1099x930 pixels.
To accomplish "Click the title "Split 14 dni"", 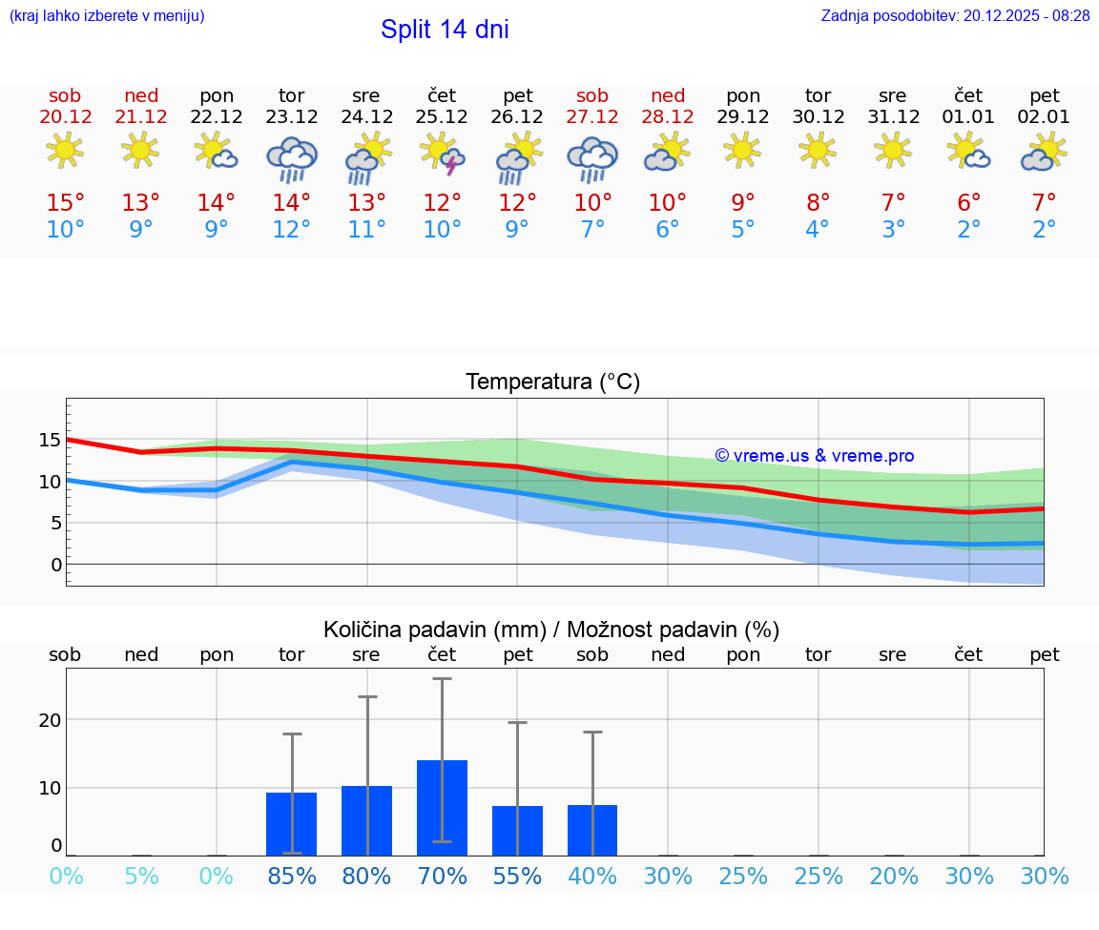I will tap(445, 30).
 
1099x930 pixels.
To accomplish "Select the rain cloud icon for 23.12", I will tap(291, 158).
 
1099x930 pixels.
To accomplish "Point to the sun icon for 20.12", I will tap(65, 151).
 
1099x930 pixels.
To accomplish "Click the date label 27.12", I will tap(592, 117).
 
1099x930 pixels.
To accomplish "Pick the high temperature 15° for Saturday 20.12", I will tap(65, 203).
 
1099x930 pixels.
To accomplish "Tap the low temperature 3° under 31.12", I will tap(893, 230).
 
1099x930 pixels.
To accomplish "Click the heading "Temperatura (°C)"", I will tap(552, 382).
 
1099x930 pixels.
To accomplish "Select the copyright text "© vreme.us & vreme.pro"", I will tap(814, 456).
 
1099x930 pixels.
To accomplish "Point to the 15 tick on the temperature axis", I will tap(50, 440).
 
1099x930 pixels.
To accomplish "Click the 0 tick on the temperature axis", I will tap(56, 565).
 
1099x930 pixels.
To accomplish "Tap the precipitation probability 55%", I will tap(517, 877).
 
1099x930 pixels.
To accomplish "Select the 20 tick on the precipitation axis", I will tap(50, 720).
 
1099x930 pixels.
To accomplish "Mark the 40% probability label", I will tap(592, 877).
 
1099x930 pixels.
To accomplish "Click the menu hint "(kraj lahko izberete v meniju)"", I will tap(107, 16).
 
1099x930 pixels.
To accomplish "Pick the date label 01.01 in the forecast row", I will tap(968, 117).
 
